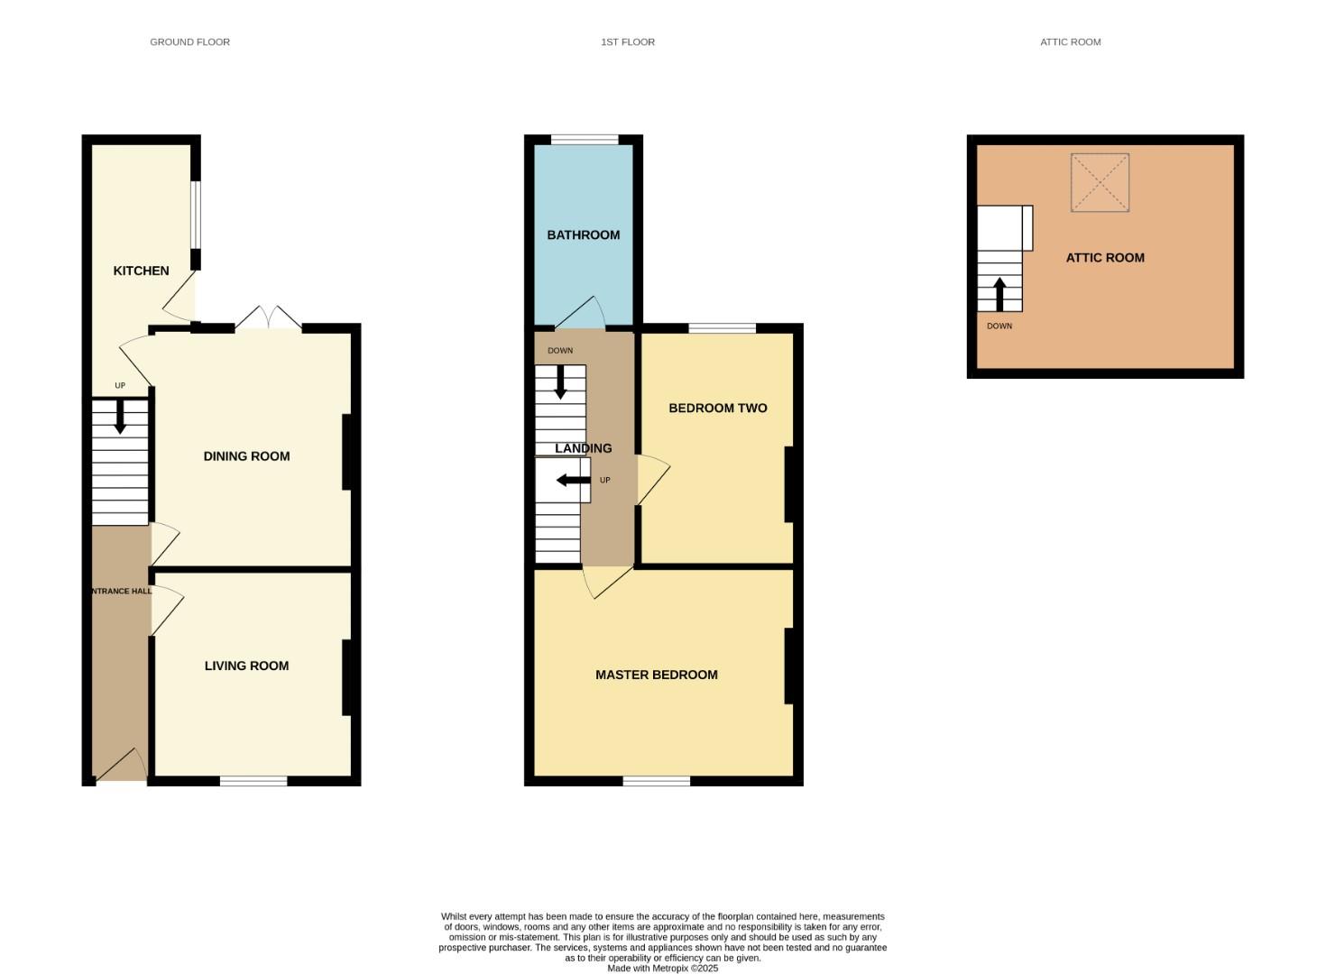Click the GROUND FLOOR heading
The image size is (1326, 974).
tap(189, 42)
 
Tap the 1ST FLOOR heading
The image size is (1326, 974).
tap(628, 42)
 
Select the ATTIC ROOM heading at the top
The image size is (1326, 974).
tap(1070, 42)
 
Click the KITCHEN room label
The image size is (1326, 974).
tap(141, 271)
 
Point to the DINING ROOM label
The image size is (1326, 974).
tap(246, 456)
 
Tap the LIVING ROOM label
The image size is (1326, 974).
tap(246, 666)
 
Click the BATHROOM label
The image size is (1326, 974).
tap(584, 235)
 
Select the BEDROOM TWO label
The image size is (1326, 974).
tap(718, 409)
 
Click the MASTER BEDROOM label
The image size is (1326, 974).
tap(657, 675)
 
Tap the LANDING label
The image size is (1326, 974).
tap(584, 449)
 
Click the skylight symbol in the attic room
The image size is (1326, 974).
tap(1100, 183)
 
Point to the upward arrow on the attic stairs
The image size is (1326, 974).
tap(999, 293)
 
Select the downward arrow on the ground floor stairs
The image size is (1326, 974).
tap(120, 417)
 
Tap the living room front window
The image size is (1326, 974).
tap(253, 781)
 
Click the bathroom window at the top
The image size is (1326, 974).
tap(585, 140)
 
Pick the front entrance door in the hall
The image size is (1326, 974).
tap(122, 767)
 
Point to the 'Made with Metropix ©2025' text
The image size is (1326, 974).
tap(662, 969)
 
